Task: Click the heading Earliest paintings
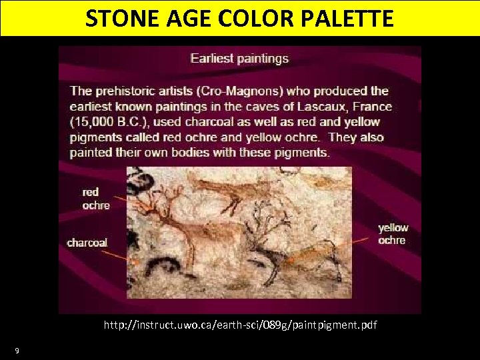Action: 239,58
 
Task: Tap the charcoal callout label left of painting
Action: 87,243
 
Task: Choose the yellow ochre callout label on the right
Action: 393,234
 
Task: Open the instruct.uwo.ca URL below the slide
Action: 240,325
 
